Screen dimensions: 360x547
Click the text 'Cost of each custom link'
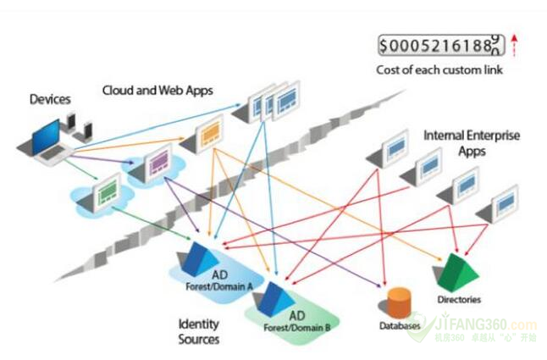(x=439, y=69)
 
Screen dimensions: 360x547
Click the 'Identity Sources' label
(x=199, y=331)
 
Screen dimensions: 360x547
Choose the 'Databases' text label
(x=401, y=325)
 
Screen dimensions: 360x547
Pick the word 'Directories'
(x=460, y=299)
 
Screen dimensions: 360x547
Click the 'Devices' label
(x=49, y=100)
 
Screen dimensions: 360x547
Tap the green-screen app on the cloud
(x=108, y=191)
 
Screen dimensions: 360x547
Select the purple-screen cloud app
(x=156, y=163)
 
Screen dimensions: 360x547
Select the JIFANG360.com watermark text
(x=494, y=324)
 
